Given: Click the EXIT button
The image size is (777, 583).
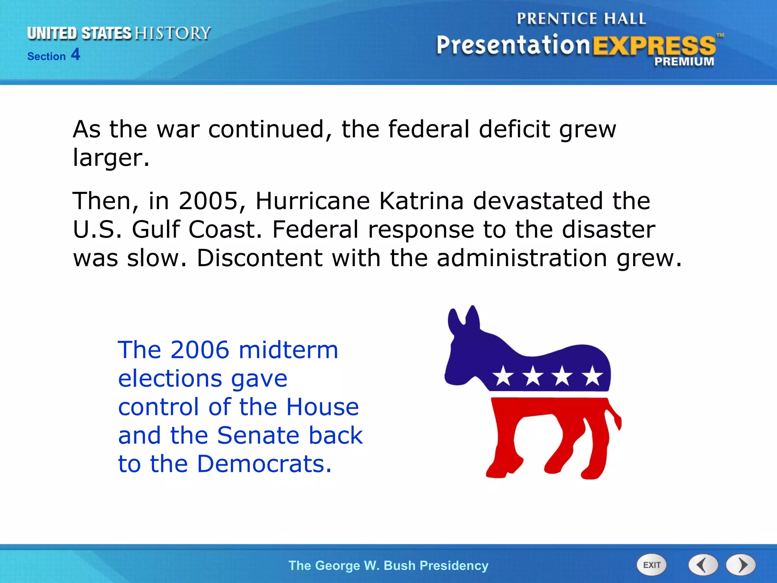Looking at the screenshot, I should pyautogui.click(x=651, y=565).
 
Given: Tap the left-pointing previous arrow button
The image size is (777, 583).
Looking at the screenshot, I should pyautogui.click(x=703, y=565).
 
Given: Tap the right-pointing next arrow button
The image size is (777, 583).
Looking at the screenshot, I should pyautogui.click(x=741, y=565).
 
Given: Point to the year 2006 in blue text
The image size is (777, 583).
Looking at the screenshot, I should pyautogui.click(x=200, y=350).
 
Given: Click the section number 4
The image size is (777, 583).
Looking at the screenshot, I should pyautogui.click(x=75, y=54).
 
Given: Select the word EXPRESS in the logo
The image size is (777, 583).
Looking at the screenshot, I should pyautogui.click(x=654, y=46).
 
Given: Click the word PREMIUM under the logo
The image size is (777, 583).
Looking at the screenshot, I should pyautogui.click(x=684, y=61).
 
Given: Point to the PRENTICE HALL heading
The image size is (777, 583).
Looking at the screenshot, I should pyautogui.click(x=581, y=19).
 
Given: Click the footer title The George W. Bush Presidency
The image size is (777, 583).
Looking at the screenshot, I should pyautogui.click(x=388, y=565).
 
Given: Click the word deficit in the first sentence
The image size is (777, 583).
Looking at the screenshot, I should pyautogui.click(x=514, y=129).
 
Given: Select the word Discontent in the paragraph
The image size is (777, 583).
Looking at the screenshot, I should pyautogui.click(x=259, y=258).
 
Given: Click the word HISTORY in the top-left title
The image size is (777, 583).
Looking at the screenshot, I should pyautogui.click(x=173, y=33).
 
